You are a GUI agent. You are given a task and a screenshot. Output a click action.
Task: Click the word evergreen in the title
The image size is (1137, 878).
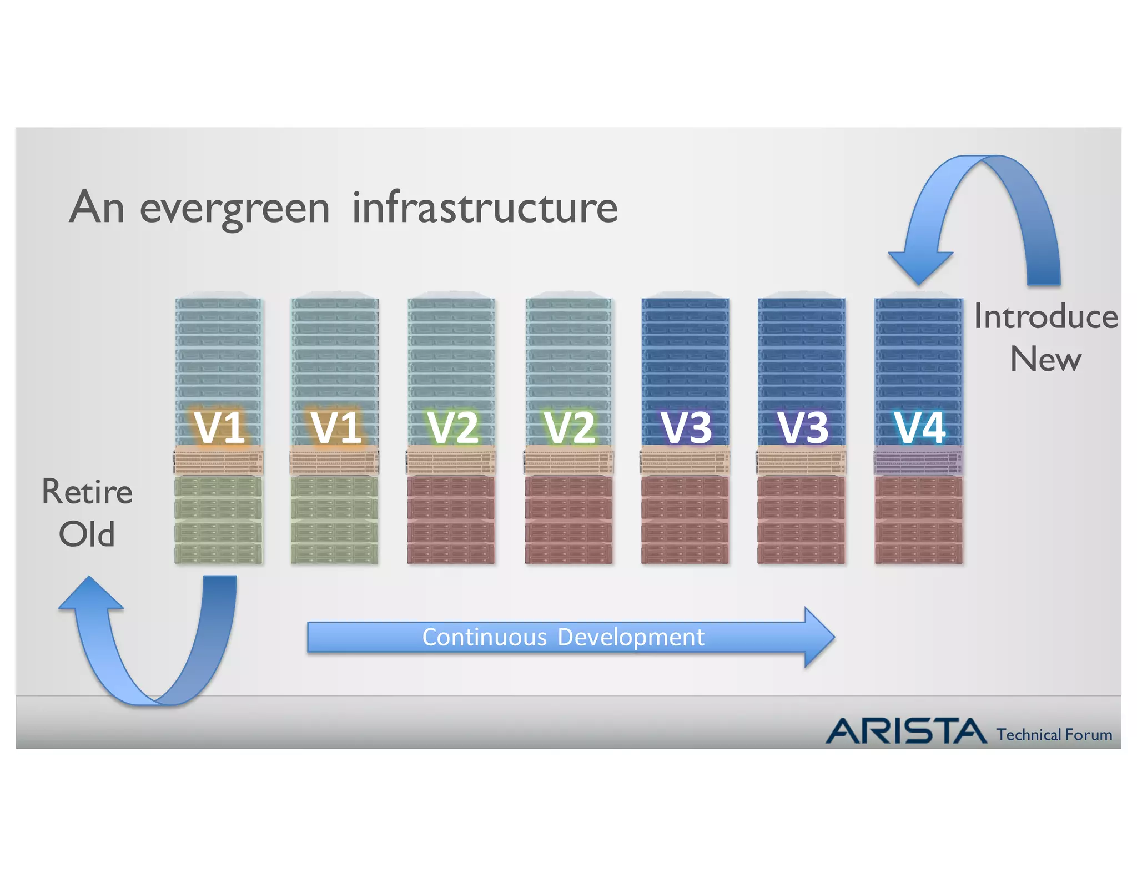pyautogui.click(x=234, y=209)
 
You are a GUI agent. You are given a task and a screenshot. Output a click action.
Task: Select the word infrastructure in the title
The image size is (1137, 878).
pyautogui.click(x=485, y=207)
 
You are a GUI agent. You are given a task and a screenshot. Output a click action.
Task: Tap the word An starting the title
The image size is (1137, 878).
pyautogui.click(x=97, y=207)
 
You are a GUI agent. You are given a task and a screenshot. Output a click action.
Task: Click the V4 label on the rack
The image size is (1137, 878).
pyautogui.click(x=919, y=427)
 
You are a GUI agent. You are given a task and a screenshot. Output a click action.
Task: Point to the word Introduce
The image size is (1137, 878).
pyautogui.click(x=1046, y=317)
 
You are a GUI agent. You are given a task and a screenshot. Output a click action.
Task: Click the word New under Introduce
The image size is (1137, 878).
pyautogui.click(x=1046, y=359)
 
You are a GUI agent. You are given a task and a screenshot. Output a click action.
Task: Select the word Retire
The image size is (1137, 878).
pyautogui.click(x=87, y=492)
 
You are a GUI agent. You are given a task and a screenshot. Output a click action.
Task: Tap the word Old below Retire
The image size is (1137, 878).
pyautogui.click(x=87, y=534)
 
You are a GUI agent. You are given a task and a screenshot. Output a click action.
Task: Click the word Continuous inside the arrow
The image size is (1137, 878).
pyautogui.click(x=484, y=637)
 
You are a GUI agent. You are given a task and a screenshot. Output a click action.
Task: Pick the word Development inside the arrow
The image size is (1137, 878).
pyautogui.click(x=631, y=637)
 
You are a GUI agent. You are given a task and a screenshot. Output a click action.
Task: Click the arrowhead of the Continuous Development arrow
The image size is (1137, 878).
pyautogui.click(x=818, y=637)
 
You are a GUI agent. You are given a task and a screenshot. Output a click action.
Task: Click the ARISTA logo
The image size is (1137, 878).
pyautogui.click(x=905, y=731)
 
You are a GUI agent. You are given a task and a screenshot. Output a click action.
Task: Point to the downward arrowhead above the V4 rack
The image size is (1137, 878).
pyautogui.click(x=920, y=266)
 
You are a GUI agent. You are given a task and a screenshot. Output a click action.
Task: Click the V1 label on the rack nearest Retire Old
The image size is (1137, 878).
pyautogui.click(x=220, y=427)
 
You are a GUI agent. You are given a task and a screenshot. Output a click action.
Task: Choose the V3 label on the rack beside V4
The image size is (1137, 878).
pyautogui.click(x=803, y=427)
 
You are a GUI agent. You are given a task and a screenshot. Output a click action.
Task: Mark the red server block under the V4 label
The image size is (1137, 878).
pyautogui.click(x=918, y=519)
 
